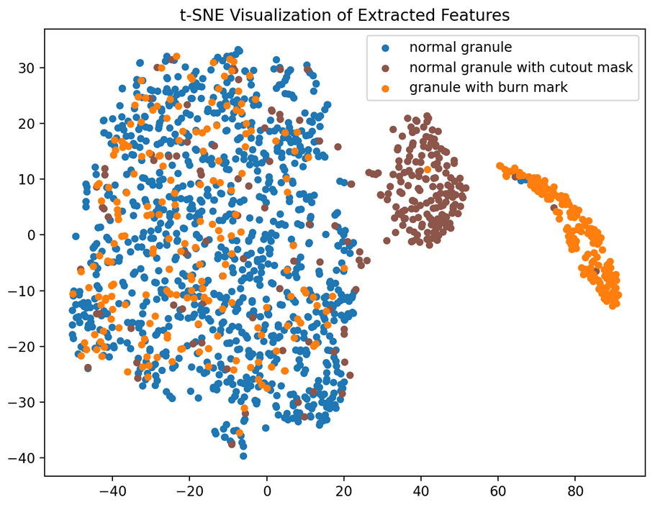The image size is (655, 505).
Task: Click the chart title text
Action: (x=345, y=14)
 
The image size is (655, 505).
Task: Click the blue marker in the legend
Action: (x=385, y=48)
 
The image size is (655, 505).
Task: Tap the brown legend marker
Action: (x=385, y=68)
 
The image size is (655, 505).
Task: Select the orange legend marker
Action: (x=385, y=88)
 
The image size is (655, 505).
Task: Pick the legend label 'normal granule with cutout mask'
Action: (x=520, y=68)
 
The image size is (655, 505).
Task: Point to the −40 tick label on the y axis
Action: (x=24, y=458)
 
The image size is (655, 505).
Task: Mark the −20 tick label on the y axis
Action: (x=24, y=346)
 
